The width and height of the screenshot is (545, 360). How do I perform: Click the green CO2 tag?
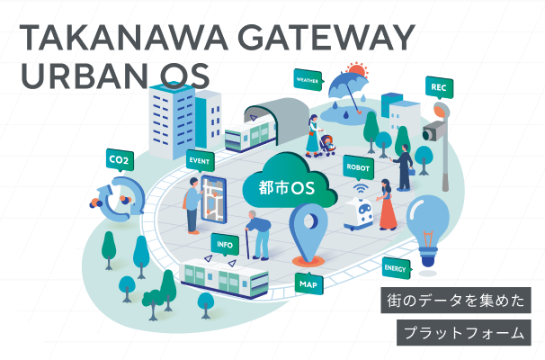tap(118, 161)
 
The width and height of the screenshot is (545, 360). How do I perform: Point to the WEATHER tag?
tap(307, 77)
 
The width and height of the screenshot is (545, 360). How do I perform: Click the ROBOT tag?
tap(357, 166)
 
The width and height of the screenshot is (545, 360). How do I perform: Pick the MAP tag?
tap(308, 283)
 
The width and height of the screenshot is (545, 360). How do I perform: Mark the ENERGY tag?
tap(396, 268)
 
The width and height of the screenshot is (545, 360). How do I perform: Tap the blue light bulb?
tap(428, 222)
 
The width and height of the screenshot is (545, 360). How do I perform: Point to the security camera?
tap(433, 131)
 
